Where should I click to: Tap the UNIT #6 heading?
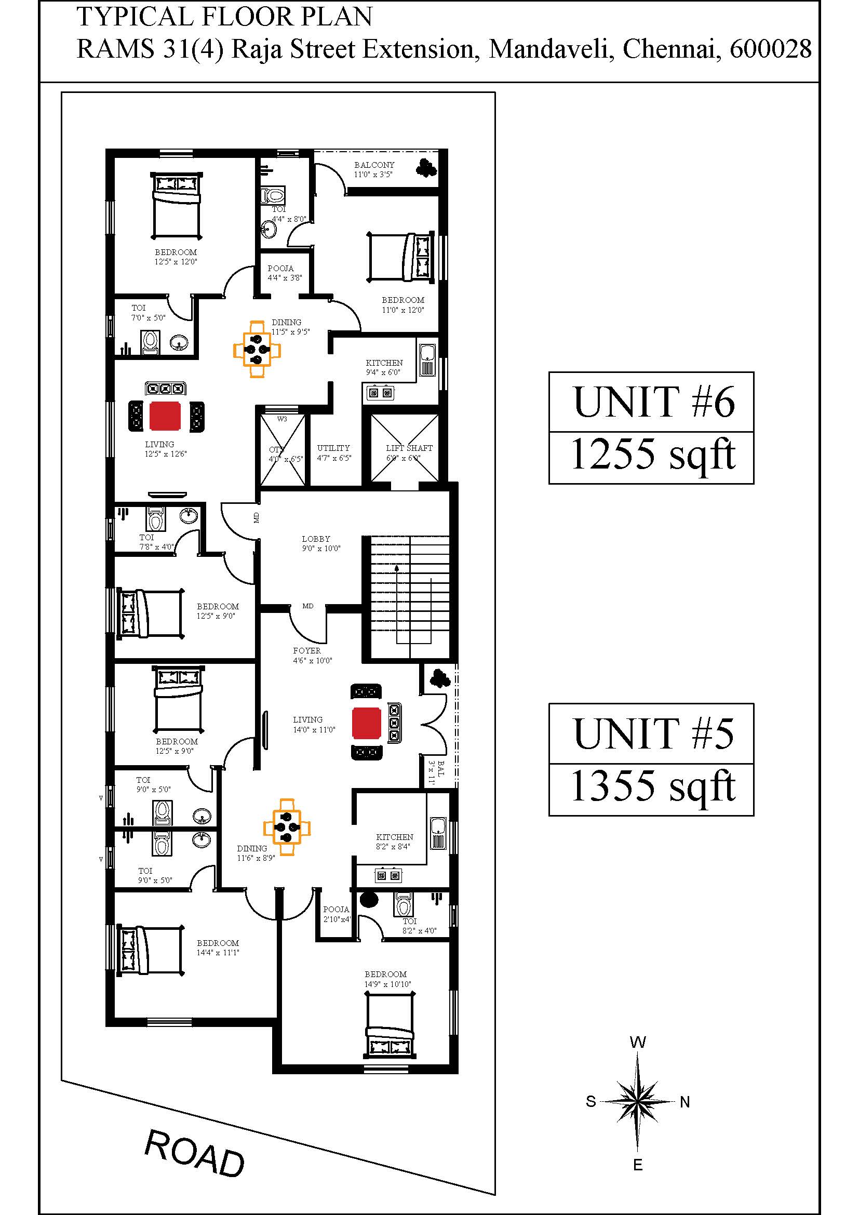[654, 402]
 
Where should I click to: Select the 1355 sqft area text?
[653, 787]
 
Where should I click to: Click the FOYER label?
[307, 651]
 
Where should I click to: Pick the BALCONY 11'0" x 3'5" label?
[374, 169]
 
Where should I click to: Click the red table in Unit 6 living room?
[165, 416]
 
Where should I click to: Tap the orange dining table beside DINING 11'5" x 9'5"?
[257, 349]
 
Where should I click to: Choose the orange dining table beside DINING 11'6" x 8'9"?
[287, 826]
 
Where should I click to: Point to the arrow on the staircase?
[396, 597]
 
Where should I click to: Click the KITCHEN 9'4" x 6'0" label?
[384, 367]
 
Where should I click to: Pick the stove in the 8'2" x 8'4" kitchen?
[388, 876]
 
